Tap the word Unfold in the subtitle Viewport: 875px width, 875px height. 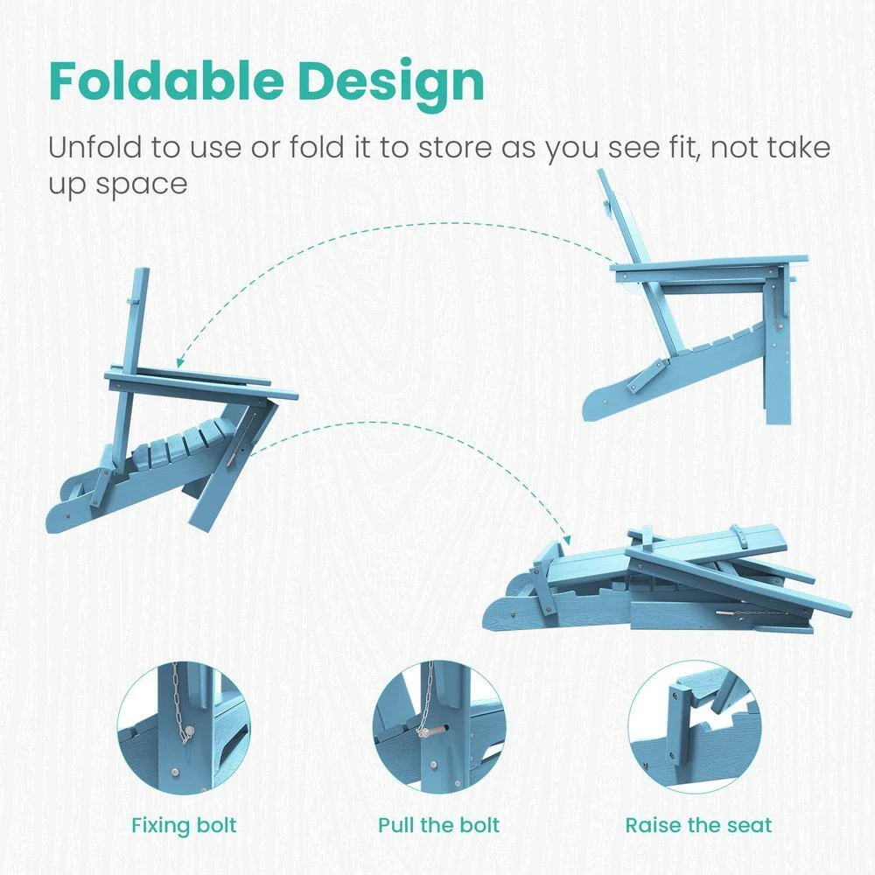click(94, 147)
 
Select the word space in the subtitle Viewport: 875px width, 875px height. click(141, 184)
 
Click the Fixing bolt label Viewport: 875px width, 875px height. click(184, 826)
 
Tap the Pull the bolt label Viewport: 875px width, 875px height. click(438, 825)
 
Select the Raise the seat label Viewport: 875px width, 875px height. click(698, 825)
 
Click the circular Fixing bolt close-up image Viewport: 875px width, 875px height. click(184, 728)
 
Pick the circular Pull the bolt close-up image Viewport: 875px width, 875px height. click(438, 728)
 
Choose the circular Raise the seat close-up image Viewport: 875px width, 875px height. click(695, 728)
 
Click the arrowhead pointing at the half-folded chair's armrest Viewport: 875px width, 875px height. click(180, 363)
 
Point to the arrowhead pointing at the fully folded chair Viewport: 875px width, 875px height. click(567, 540)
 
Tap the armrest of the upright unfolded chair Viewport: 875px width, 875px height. click(709, 266)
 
